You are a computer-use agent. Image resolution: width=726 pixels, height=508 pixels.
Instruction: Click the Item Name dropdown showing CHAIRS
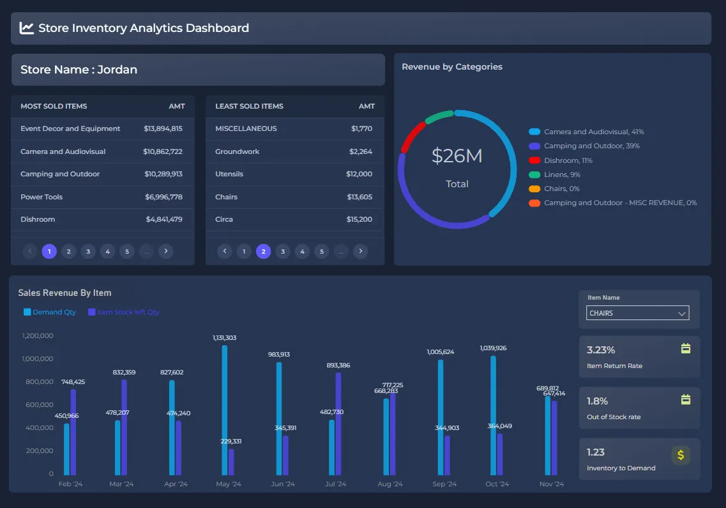[x=637, y=313]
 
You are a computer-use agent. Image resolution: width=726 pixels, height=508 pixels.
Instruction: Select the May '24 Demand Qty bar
[x=224, y=409]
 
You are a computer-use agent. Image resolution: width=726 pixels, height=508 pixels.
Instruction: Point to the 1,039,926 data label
[x=493, y=348]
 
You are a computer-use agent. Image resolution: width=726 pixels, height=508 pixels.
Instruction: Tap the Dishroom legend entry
[x=568, y=160]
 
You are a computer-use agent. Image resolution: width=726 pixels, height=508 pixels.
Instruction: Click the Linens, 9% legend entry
[x=562, y=174]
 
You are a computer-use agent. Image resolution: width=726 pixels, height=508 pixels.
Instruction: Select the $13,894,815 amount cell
[x=163, y=128]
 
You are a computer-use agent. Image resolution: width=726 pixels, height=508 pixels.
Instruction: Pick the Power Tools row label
[x=42, y=197]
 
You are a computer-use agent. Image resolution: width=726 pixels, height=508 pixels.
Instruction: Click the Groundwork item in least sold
[x=237, y=151]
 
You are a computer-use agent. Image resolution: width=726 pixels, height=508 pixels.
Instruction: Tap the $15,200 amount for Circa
[x=359, y=219]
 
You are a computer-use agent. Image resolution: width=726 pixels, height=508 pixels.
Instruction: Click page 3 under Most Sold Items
[x=88, y=251]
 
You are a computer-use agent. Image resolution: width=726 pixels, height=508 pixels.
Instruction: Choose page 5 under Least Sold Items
[x=322, y=251]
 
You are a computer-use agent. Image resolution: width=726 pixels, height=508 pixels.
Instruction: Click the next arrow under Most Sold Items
[x=166, y=251]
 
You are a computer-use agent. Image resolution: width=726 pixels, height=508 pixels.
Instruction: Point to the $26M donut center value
[x=457, y=156]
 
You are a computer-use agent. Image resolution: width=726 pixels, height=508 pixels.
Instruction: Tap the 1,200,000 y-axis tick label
[x=38, y=335]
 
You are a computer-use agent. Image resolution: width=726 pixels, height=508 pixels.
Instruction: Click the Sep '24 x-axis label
[x=444, y=484]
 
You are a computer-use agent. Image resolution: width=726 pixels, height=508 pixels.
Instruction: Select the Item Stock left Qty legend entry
[x=128, y=312]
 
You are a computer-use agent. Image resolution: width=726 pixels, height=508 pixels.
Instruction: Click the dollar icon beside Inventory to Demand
[x=681, y=455]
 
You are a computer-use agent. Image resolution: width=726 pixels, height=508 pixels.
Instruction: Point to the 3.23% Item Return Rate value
[x=601, y=350]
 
